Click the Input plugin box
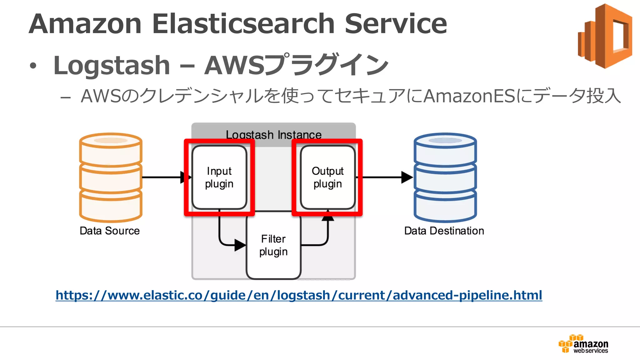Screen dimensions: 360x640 coord(219,177)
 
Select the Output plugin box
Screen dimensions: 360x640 coord(327,177)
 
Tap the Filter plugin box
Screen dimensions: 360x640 coord(273,246)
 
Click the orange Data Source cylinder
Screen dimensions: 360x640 coord(111,177)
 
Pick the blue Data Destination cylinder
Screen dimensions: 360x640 coord(445,177)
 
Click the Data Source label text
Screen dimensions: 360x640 coord(109,231)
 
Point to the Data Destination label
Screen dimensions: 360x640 coord(444,231)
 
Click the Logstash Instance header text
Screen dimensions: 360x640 coord(273,135)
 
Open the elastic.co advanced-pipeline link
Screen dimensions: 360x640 coord(299,295)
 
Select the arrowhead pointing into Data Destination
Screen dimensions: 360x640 coord(407,177)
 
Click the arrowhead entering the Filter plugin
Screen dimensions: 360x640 coord(240,245)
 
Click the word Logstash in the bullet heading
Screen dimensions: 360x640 coord(112,65)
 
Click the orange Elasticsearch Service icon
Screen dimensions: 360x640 coord(605,36)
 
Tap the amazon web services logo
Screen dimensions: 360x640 coord(583,344)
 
